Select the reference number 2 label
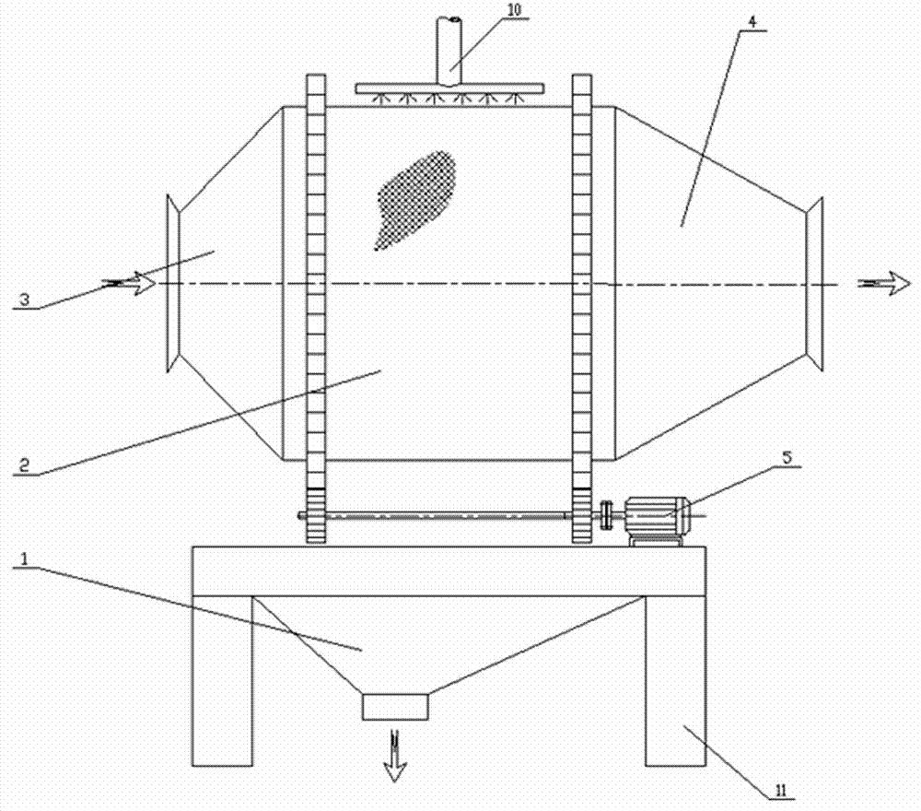coord(26,467)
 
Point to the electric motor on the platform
coord(657,519)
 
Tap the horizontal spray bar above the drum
coord(449,89)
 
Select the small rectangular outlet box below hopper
coord(396,707)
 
